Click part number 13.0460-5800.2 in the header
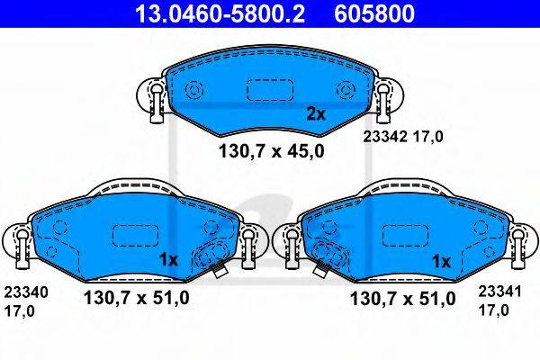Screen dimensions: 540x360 [220, 13]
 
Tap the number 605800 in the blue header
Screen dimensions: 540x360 [374, 13]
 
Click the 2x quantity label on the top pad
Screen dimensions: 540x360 [316, 113]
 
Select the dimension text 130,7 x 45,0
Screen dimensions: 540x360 [272, 151]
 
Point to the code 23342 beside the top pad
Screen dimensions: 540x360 [385, 137]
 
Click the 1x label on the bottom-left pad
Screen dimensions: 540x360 [168, 260]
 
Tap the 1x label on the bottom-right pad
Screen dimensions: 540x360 [441, 262]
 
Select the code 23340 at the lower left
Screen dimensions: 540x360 [26, 292]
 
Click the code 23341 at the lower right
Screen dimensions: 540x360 [499, 292]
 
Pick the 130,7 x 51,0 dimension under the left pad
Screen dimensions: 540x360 [137, 298]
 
